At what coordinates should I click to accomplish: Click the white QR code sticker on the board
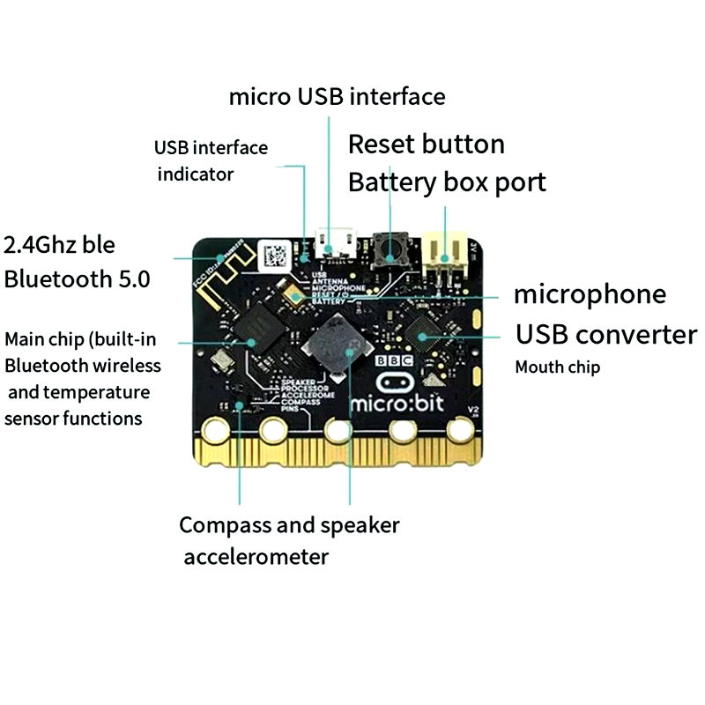coord(275,256)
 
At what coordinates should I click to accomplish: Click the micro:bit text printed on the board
coord(391,404)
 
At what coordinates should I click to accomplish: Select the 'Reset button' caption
coord(427,145)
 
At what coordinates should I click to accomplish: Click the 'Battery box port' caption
coord(447,182)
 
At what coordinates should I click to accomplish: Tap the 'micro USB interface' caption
coord(337,96)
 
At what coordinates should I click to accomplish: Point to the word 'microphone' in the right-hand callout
coord(590,293)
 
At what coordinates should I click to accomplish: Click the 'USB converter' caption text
coord(605,335)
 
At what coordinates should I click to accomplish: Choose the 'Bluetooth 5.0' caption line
coord(77,279)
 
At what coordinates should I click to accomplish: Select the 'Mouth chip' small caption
coord(557,367)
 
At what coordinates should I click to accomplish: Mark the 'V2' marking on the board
coord(474,410)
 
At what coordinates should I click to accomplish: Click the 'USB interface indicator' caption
coord(211,160)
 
